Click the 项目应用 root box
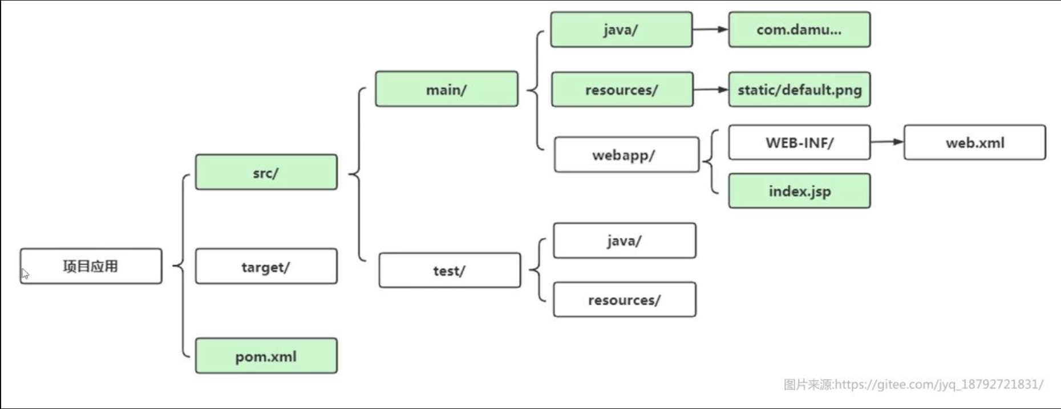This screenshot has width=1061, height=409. [x=91, y=266]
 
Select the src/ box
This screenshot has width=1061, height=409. [x=266, y=172]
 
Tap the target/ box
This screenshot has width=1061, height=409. [x=266, y=266]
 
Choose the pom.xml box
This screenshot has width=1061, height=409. [x=266, y=356]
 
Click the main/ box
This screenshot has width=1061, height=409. [x=447, y=89]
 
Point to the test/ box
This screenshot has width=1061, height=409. [x=449, y=270]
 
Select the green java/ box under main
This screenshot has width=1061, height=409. [x=621, y=30]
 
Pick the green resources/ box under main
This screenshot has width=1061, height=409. [x=622, y=90]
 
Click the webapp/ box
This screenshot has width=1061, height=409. [x=626, y=155]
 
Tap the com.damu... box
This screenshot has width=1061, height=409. [x=799, y=30]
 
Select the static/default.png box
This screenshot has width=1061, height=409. [x=799, y=90]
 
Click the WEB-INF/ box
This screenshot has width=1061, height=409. [x=799, y=143]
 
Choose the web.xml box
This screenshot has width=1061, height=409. [x=974, y=143]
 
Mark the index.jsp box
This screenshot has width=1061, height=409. [x=799, y=191]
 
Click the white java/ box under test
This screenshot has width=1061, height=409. [x=624, y=241]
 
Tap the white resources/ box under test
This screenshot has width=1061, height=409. [x=624, y=299]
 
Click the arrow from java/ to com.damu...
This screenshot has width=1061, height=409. [x=710, y=29]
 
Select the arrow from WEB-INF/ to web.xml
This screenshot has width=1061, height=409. [x=887, y=141]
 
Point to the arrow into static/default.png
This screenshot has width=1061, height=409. [x=711, y=89]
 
